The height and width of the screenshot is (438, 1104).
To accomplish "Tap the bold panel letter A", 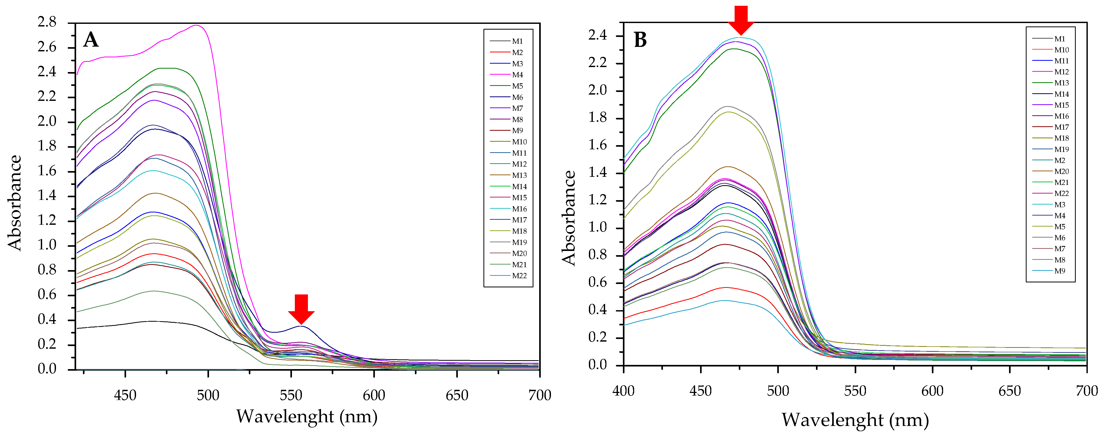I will point(91,40).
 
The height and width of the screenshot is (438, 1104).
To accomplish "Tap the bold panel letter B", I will point(640,40).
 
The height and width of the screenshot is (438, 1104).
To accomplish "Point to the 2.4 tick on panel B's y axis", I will point(598,36).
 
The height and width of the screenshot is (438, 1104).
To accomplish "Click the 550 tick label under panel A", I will point(291,395).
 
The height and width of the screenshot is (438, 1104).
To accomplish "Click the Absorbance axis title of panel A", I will point(15,202).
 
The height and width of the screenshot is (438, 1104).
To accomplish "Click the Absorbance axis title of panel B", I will point(569,218).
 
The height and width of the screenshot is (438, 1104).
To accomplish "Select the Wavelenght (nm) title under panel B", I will point(855,420).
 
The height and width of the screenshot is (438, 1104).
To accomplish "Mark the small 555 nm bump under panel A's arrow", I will point(302,326).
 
